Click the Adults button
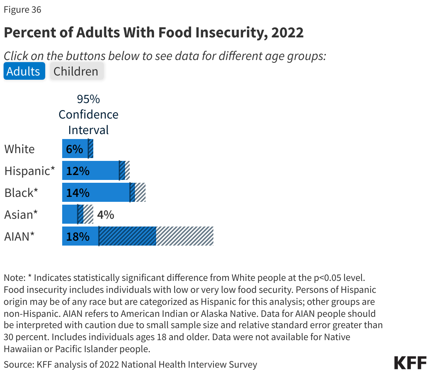[24, 71]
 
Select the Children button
[76, 71]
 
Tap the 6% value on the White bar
[74, 149]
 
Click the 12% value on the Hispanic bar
[78, 171]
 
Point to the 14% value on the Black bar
[78, 193]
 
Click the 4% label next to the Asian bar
[106, 215]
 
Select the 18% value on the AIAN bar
[78, 236]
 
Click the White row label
[19, 149]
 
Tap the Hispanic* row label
[30, 171]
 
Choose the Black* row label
[21, 193]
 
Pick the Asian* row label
[21, 215]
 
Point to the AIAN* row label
[19, 236]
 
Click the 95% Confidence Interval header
[88, 114]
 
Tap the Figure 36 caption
[22, 10]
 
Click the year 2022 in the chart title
[287, 32]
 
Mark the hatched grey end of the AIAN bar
[185, 236]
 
